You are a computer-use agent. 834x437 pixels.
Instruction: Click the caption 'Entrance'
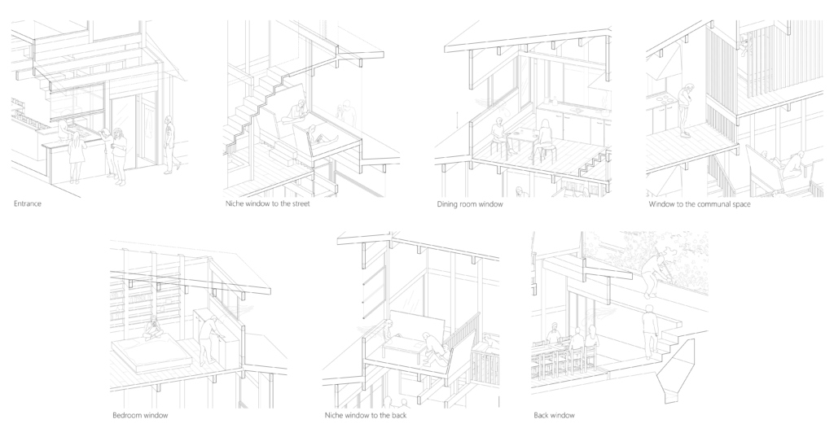pos(27,203)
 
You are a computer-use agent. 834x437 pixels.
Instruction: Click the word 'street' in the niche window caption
pos(298,203)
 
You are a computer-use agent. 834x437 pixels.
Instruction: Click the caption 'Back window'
pos(554,415)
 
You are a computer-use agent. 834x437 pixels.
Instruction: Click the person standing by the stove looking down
pos(687,111)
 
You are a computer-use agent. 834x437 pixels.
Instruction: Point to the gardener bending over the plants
pos(652,274)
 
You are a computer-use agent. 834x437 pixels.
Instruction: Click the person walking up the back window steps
pos(649,332)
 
